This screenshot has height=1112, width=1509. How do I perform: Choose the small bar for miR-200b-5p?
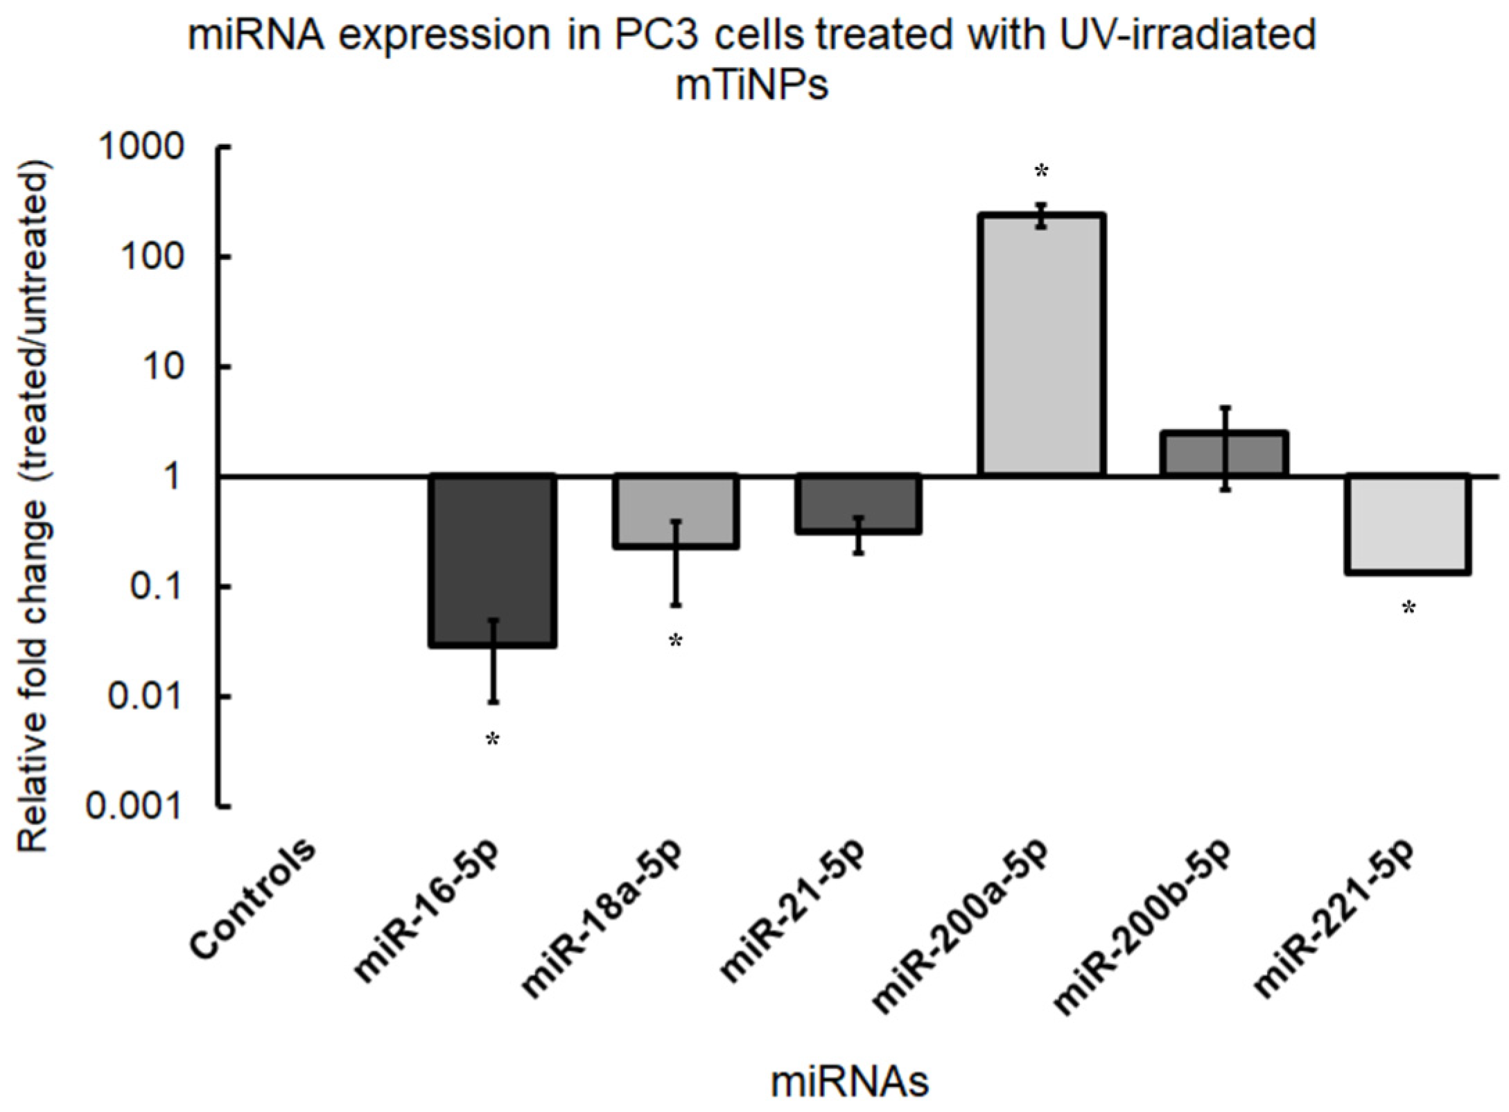coord(1224,454)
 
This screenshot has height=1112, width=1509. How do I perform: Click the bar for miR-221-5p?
coord(1407,524)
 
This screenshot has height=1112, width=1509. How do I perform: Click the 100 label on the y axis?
coord(154,257)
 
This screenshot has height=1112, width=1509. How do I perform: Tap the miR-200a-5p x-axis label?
coord(961,929)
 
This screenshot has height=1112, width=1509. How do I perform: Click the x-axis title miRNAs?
coord(850,1082)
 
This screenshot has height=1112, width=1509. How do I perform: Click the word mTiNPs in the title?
coord(752,87)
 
